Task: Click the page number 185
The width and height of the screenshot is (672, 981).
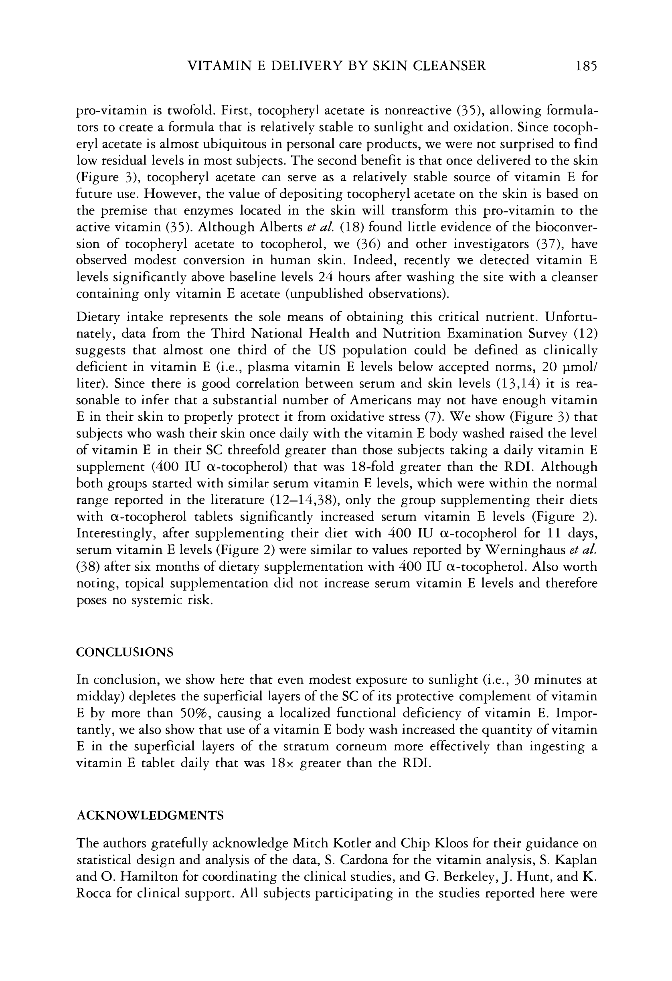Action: coord(585,66)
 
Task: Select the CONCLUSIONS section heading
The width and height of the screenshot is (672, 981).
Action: coord(125,652)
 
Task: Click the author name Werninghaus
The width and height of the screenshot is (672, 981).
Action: coord(533,550)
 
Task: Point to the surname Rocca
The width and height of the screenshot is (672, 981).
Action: coord(94,893)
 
